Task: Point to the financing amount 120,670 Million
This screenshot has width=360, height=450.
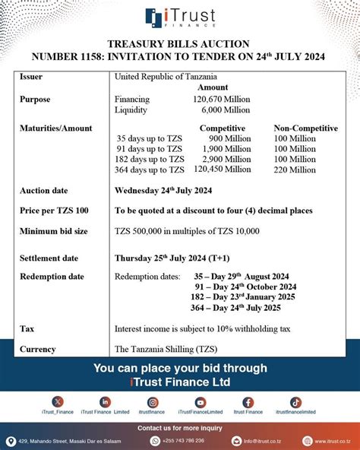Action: pyautogui.click(x=222, y=99)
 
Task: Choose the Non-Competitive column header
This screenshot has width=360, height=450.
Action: pyautogui.click(x=305, y=128)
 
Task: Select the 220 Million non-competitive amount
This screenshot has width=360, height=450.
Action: pyautogui.click(x=293, y=170)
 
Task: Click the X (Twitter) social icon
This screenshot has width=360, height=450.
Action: pyautogui.click(x=58, y=401)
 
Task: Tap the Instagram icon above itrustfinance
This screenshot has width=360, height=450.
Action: pyautogui.click(x=153, y=401)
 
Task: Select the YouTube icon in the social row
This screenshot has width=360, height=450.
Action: pyautogui.click(x=201, y=401)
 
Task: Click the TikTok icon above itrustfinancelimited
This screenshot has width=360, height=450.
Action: pyautogui.click(x=295, y=401)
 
